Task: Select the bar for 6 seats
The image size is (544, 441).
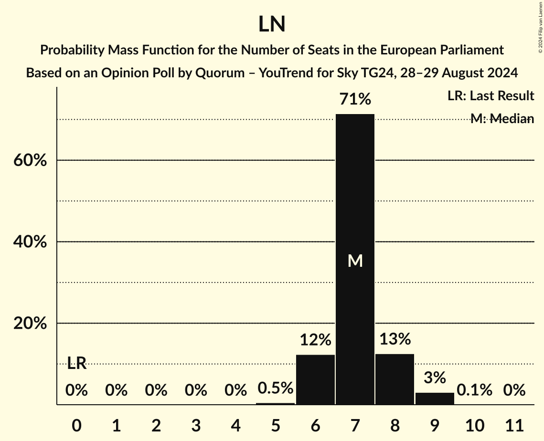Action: [x=315, y=380]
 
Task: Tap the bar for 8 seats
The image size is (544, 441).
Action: [x=395, y=379]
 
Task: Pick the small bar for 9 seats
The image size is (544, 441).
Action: [x=435, y=399]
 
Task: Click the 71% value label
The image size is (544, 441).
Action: [x=355, y=99]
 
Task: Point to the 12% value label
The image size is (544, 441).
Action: [x=315, y=340]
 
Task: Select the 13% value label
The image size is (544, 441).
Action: [x=395, y=339]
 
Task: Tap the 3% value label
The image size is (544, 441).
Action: [x=435, y=378]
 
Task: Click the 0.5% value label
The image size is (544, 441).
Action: [x=276, y=388]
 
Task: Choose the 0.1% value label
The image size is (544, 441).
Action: [x=474, y=390]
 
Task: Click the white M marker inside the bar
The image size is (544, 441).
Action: [x=355, y=261]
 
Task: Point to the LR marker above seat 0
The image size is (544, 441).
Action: [x=76, y=363]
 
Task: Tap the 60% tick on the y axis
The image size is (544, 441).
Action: [x=30, y=160]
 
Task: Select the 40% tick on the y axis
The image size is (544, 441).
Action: [x=30, y=242]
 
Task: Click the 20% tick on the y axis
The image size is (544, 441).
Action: [x=30, y=324]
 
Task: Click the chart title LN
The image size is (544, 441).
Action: [x=272, y=25]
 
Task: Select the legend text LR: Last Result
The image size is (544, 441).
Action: [x=491, y=96]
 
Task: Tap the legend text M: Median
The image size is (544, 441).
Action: [x=502, y=119]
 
